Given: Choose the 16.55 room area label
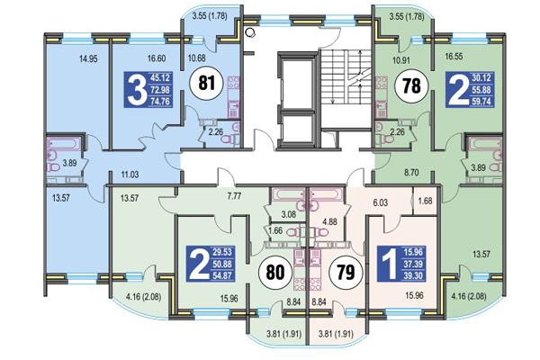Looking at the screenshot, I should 454,55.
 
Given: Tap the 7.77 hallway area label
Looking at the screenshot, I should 236,194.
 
